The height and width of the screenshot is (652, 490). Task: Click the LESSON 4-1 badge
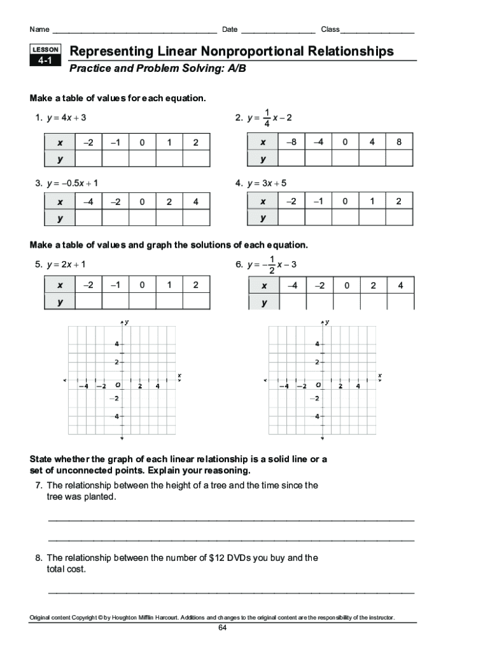45,55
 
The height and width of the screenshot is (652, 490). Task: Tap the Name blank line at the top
134,30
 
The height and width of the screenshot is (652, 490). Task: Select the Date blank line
278,30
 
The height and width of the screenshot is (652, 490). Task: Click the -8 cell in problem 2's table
291,142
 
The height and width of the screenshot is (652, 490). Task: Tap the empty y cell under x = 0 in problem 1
142,158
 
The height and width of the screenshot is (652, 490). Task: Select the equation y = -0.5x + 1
71,183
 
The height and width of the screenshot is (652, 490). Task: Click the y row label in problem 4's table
262,218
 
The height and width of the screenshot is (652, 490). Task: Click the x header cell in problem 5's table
60,285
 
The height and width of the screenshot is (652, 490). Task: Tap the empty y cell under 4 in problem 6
400,302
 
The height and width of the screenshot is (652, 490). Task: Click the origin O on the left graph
118,385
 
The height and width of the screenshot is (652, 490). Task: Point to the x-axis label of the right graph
379,376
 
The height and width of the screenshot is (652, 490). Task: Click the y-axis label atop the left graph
127,323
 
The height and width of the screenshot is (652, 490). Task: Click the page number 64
223,628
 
